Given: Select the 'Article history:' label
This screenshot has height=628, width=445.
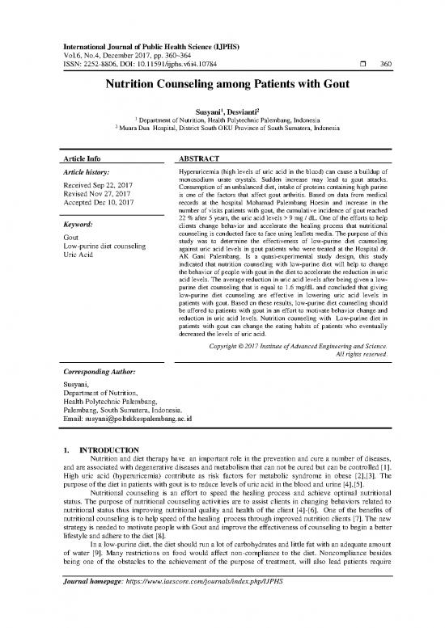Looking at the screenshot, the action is [x=90, y=174].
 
